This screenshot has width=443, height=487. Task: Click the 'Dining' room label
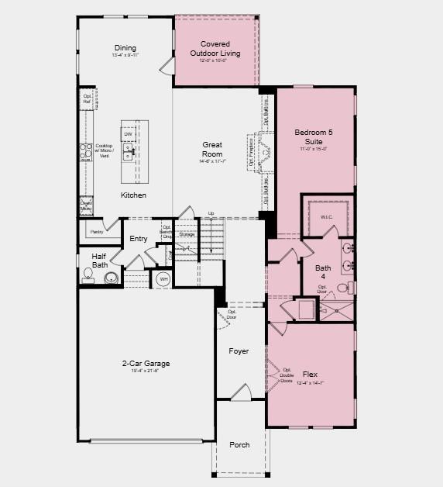pos(125,47)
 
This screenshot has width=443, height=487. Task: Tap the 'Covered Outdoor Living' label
pos(215,49)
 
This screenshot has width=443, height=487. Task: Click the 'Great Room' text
pos(212,149)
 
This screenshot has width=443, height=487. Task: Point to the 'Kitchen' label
pos(133,195)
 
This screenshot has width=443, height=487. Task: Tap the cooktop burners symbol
pos(85,151)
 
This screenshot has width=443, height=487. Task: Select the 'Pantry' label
pos(97,231)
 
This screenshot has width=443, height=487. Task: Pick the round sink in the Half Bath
pos(112,278)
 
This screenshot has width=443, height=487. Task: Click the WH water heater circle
pos(163,279)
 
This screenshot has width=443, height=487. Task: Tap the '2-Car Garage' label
pos(146,363)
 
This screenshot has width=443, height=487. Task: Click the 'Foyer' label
pos(239,351)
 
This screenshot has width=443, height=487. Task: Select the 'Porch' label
pos(239,444)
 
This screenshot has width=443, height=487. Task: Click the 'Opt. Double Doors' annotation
pos(287,375)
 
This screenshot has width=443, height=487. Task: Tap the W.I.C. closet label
pos(326,217)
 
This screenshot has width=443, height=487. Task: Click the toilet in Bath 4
pos(351,288)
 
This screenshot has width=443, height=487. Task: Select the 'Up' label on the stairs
pos(211,214)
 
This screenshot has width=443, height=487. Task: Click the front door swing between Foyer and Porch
pos(241,392)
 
